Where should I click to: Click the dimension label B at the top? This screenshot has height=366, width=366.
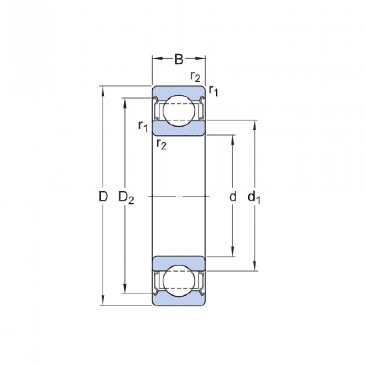tap(179, 60)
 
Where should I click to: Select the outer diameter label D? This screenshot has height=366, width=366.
tap(103, 197)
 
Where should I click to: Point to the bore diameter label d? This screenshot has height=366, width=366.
tap(233, 197)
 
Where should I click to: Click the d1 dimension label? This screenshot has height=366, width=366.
tap(254, 198)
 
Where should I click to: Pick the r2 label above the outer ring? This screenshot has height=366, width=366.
tap(195, 77)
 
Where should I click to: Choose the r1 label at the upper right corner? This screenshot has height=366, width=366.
tap(213, 91)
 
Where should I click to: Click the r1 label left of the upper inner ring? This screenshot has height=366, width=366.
tap(143, 126)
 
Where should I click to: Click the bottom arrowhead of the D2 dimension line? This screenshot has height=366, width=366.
tap(125, 289)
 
